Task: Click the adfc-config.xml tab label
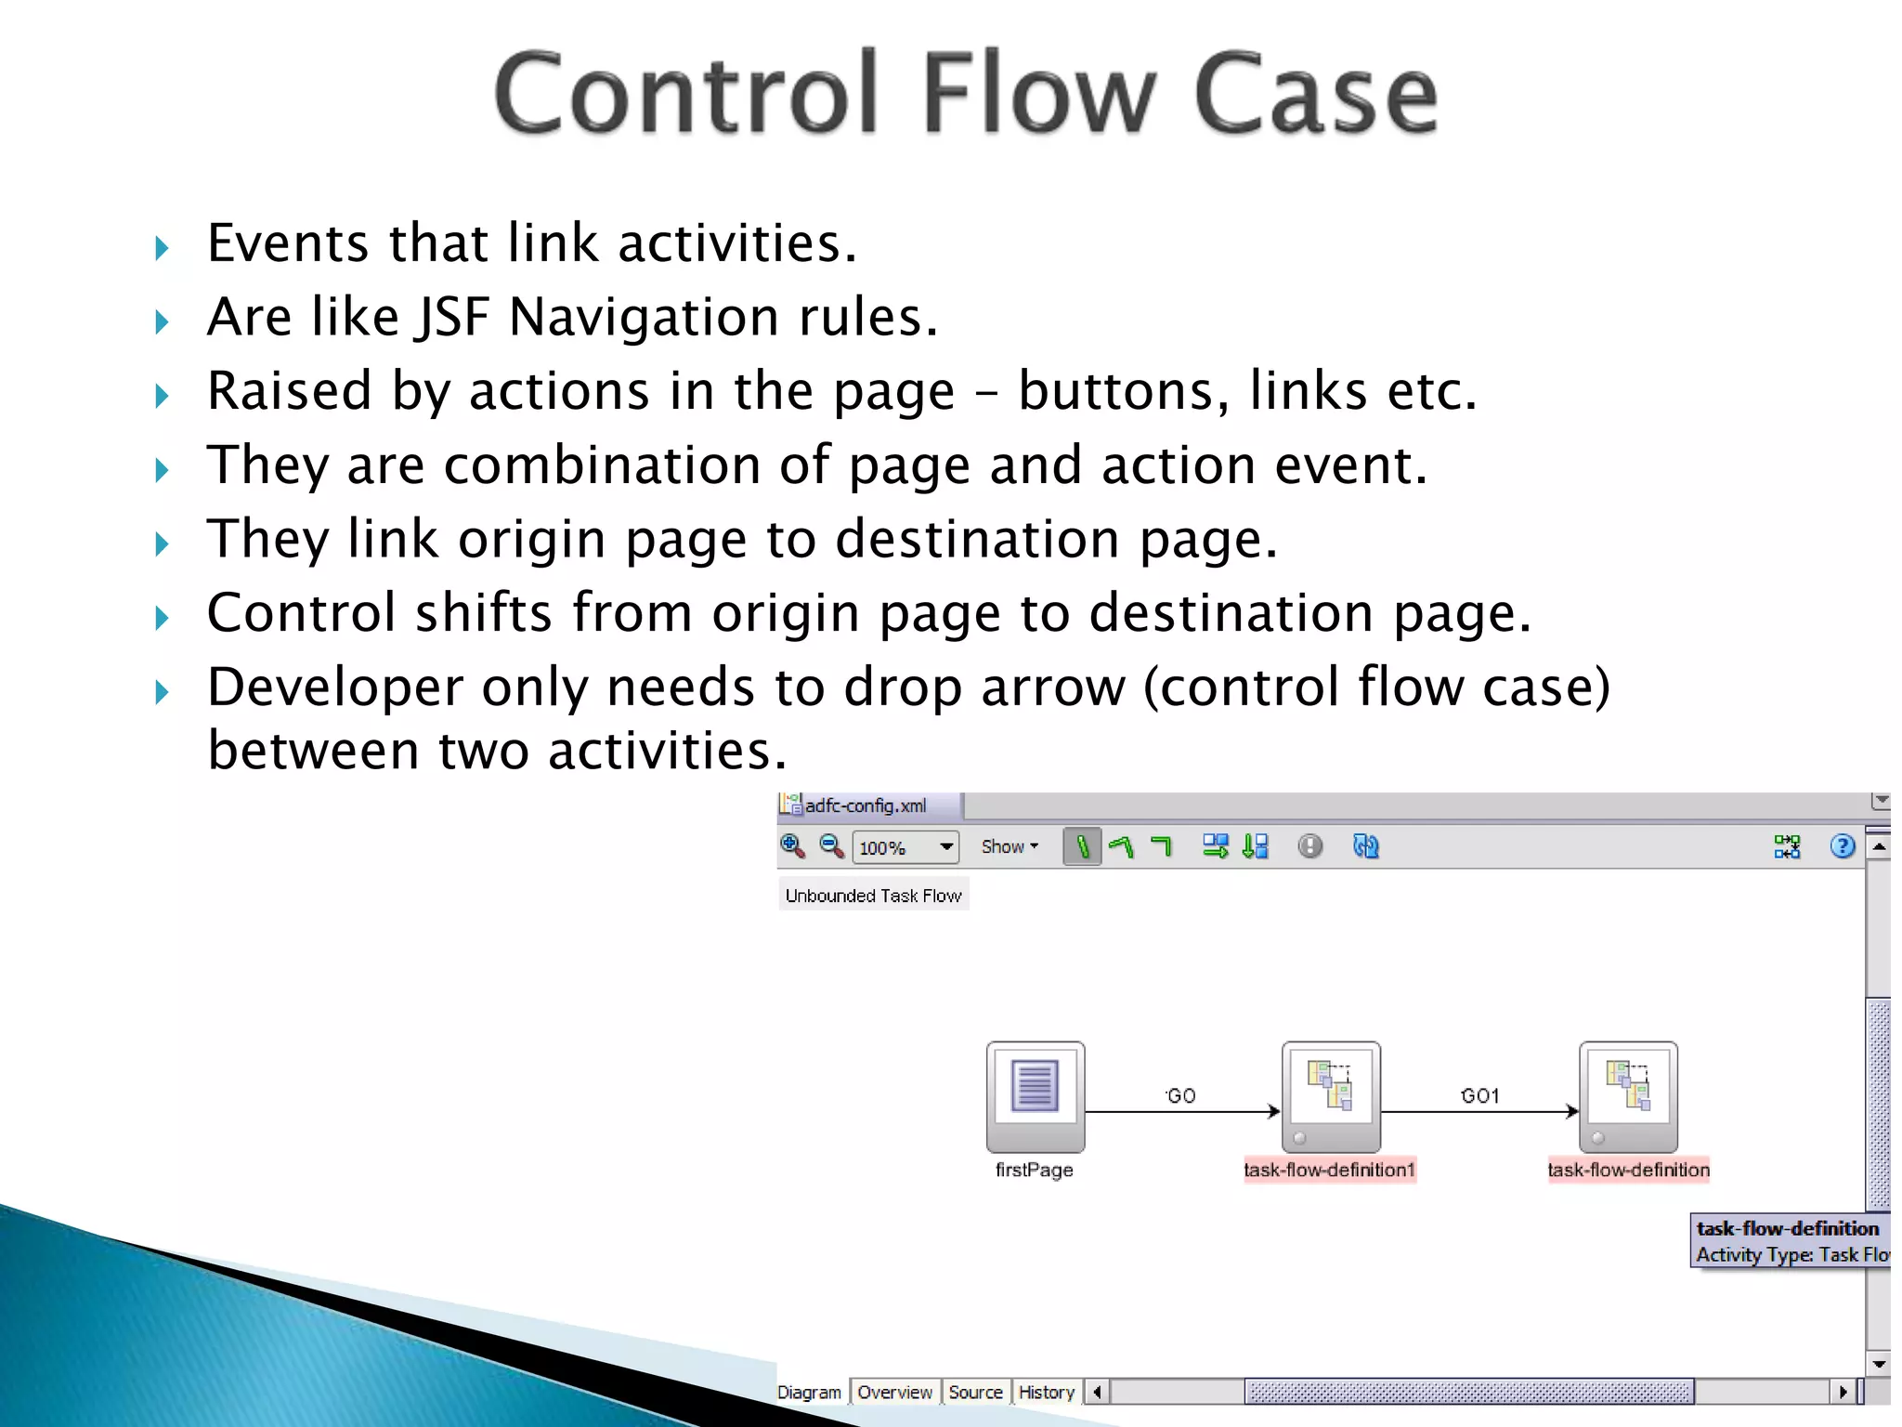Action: (865, 805)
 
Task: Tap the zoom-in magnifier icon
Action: (792, 845)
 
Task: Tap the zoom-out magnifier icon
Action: (831, 845)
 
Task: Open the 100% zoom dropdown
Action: (945, 847)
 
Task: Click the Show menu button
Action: (1009, 846)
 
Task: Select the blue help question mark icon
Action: (1842, 846)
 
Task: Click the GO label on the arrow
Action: (1180, 1095)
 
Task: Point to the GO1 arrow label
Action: (1479, 1095)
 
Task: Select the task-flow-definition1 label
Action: (1329, 1170)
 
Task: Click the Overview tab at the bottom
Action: (894, 1392)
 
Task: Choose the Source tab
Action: (975, 1392)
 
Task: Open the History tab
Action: (1046, 1392)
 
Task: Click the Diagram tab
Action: (809, 1392)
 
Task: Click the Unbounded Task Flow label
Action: (873, 896)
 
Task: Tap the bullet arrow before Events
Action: (163, 248)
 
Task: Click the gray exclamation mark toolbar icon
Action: (1309, 846)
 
